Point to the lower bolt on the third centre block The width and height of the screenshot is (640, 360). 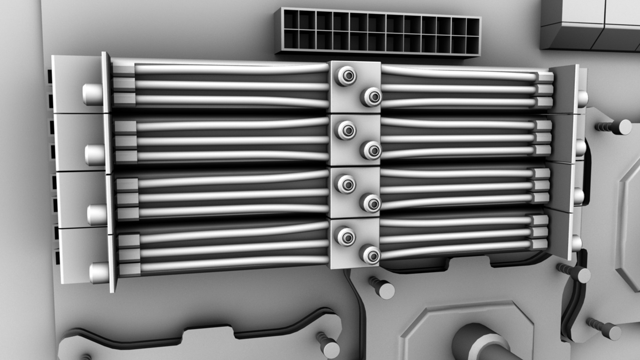tap(371, 203)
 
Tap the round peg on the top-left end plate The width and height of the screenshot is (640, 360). tap(92, 94)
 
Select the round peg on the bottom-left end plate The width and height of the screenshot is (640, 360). tap(99, 272)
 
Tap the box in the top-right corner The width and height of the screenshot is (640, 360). tap(590, 25)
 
